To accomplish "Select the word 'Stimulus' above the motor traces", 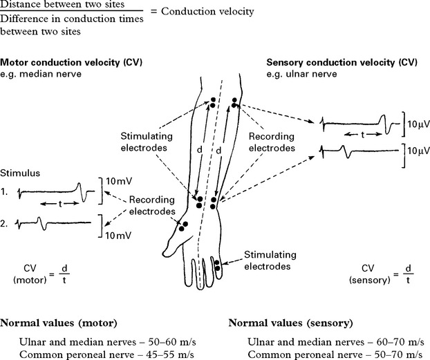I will (17, 170).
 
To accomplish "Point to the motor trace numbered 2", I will (55, 223).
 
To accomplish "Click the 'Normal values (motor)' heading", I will (57, 323).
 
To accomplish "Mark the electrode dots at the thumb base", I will (183, 227).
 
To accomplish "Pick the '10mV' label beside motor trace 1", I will (116, 181).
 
